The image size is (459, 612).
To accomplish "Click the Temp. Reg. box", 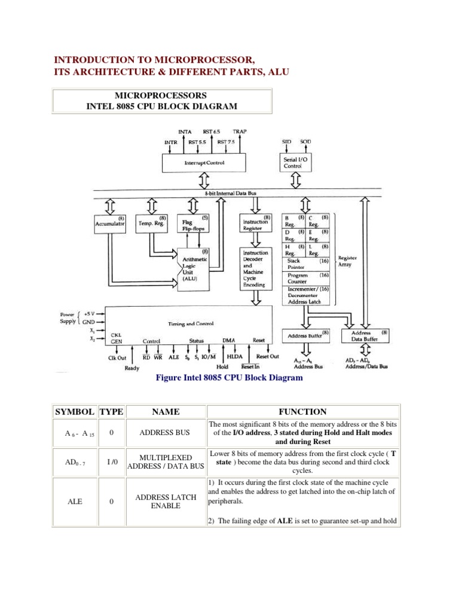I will [152, 224].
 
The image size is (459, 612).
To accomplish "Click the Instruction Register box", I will [256, 224].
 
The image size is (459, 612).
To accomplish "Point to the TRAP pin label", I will [240, 131].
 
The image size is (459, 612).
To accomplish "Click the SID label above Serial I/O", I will [286, 141].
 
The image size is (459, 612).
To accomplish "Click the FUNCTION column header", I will [302, 412].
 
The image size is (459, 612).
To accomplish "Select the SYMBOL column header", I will [74, 412].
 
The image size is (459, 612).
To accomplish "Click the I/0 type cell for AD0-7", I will [111, 461].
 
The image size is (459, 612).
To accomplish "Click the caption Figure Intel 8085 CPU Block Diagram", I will [229, 378].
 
